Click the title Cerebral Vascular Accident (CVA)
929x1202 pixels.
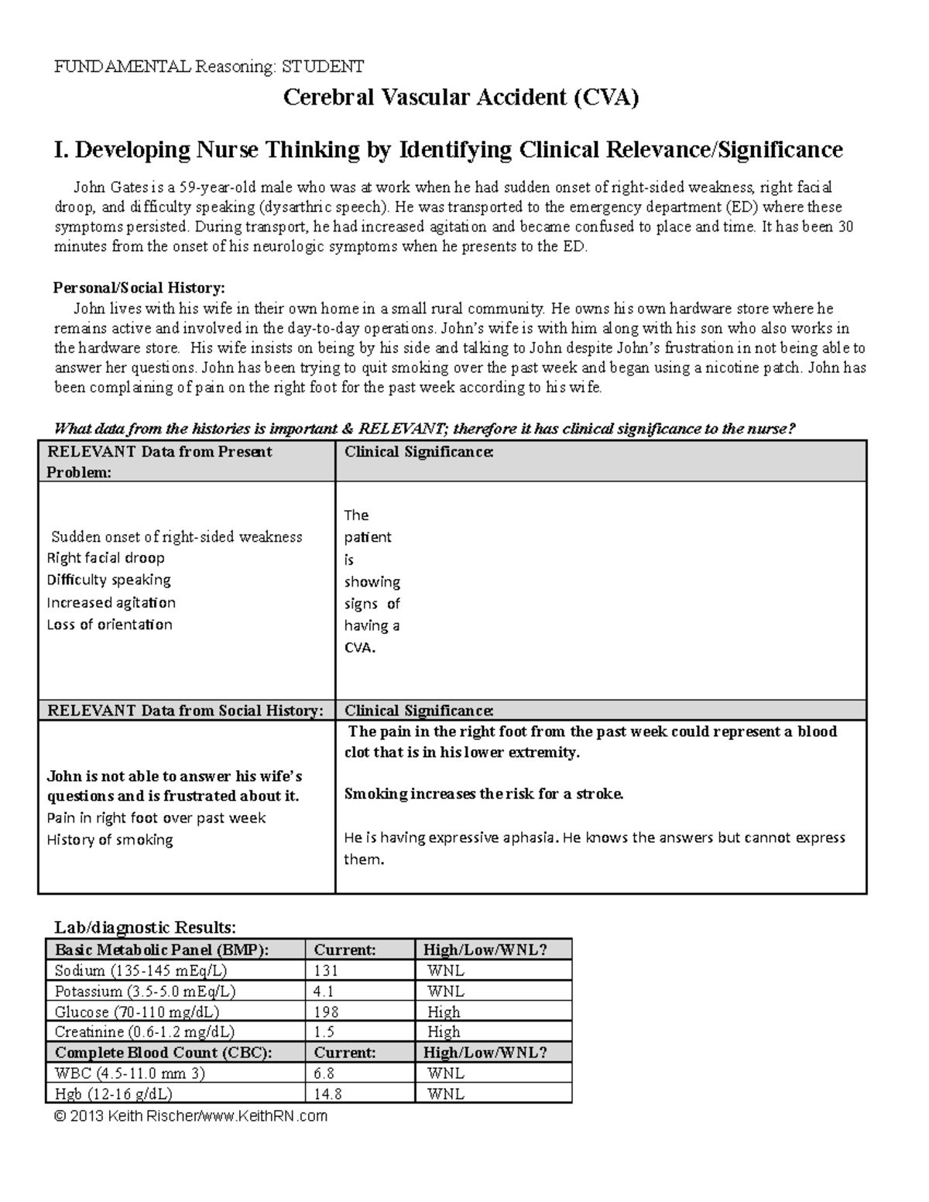pyautogui.click(x=461, y=98)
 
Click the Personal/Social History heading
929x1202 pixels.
pyautogui.click(x=139, y=288)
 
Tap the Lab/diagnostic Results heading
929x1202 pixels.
pyautogui.click(x=144, y=927)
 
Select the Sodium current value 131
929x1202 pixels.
pyautogui.click(x=326, y=971)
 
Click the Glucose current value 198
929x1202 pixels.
pyautogui.click(x=326, y=1012)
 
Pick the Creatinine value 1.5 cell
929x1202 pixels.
pyautogui.click(x=324, y=1032)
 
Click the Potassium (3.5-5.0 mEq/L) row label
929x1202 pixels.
pyautogui.click(x=145, y=991)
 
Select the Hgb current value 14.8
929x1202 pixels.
pyautogui.click(x=327, y=1094)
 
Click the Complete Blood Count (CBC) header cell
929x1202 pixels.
pyautogui.click(x=163, y=1053)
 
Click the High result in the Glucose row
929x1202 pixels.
pyautogui.click(x=444, y=1012)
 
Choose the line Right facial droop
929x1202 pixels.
pyautogui.click(x=105, y=558)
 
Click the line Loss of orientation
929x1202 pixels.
pyautogui.click(x=109, y=625)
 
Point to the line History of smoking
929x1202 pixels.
pyautogui.click(x=110, y=840)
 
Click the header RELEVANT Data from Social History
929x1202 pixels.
pyautogui.click(x=186, y=711)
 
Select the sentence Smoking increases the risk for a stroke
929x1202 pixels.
pyautogui.click(x=483, y=794)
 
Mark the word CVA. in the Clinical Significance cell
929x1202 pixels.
pyautogui.click(x=359, y=648)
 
